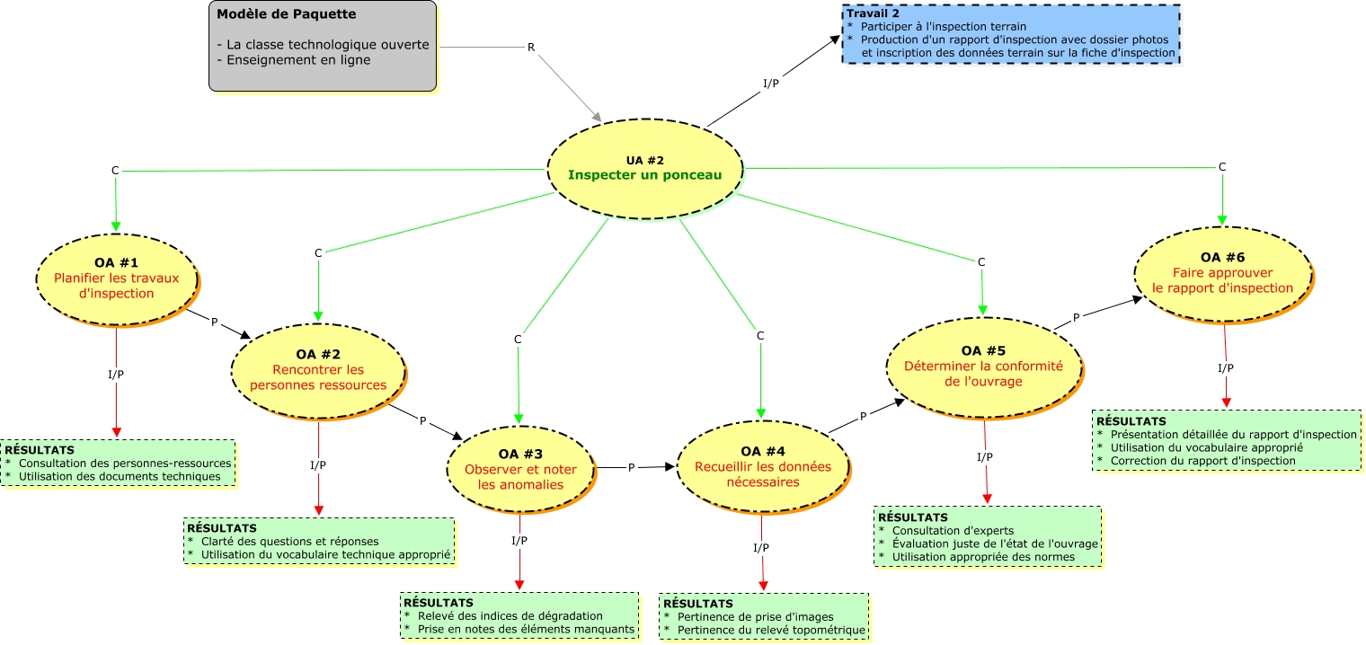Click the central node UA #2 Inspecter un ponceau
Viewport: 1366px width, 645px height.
click(645, 168)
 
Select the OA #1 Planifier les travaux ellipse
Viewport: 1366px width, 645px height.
click(117, 279)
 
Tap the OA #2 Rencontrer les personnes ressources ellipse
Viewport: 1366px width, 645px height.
click(318, 371)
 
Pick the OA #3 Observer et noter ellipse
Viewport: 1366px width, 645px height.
click(520, 469)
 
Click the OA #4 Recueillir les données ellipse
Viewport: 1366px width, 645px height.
click(763, 467)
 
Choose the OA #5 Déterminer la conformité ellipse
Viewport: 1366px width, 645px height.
click(984, 367)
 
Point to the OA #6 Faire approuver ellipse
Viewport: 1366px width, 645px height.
click(1223, 274)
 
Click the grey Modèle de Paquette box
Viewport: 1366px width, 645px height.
click(323, 46)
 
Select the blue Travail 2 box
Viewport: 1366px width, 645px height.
click(1011, 33)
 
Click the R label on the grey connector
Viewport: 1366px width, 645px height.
click(531, 47)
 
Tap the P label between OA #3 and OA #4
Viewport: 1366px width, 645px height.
click(631, 467)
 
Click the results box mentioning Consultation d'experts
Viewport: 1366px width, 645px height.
click(988, 536)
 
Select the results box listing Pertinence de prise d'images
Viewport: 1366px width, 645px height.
click(764, 617)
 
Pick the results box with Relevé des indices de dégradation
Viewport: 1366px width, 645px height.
click(519, 615)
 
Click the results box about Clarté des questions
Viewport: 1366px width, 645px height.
click(320, 541)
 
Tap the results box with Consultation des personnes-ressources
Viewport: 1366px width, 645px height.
click(119, 464)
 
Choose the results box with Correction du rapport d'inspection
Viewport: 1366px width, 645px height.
click(1227, 440)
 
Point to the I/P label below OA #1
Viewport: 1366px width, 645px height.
click(116, 374)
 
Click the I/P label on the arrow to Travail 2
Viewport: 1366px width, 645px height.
click(771, 83)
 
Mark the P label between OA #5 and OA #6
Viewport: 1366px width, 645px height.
click(1077, 317)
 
